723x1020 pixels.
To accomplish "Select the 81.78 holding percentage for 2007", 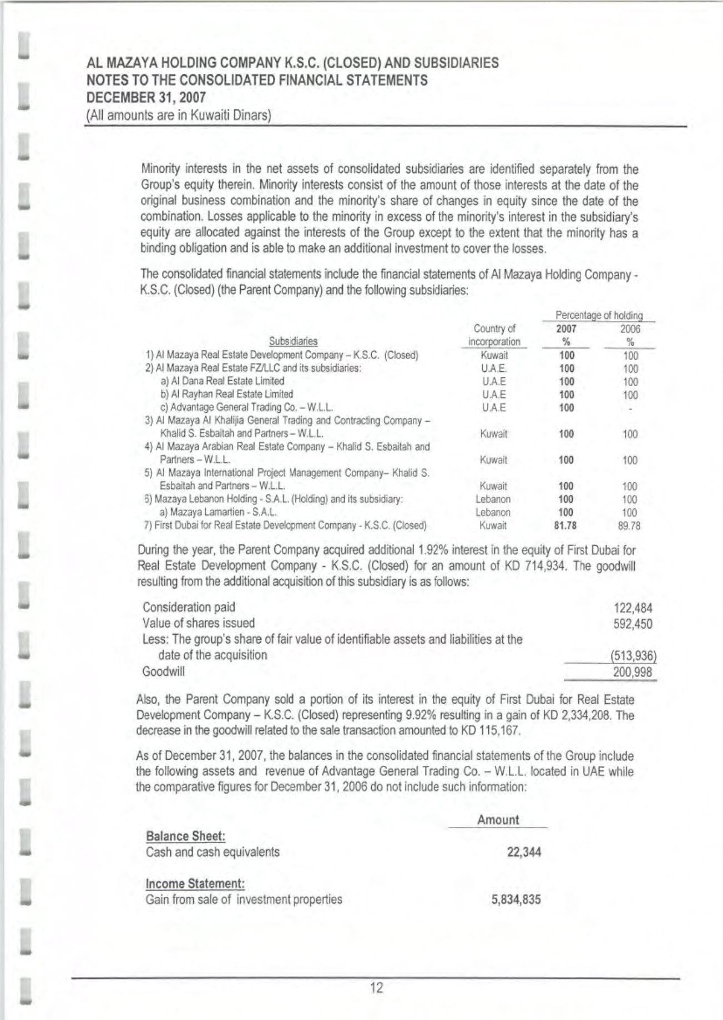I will coord(565,526).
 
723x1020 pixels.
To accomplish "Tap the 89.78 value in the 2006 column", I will coord(629,526).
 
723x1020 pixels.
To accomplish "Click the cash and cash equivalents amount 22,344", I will coord(524,852).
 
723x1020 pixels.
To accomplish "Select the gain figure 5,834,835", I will coord(516,900).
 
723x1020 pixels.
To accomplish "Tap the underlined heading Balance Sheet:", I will coord(185,836).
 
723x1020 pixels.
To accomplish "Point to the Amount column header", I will coord(498,820).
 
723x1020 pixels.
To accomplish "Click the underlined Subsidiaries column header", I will coord(293,341).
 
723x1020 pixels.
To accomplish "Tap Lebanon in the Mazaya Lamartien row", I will coord(493,512).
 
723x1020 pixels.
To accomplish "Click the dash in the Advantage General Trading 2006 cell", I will coord(630,408).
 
